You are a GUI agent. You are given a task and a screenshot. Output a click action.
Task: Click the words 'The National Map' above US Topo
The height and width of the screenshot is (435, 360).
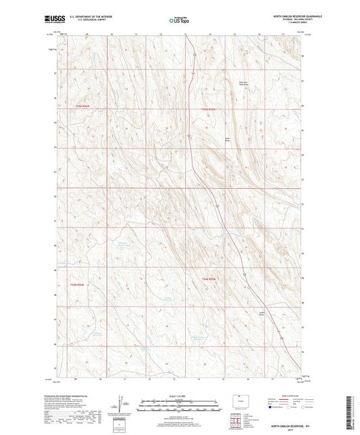coord(176,16)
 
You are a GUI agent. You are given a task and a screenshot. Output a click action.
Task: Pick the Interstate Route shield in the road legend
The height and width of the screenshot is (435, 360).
coord(271,408)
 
